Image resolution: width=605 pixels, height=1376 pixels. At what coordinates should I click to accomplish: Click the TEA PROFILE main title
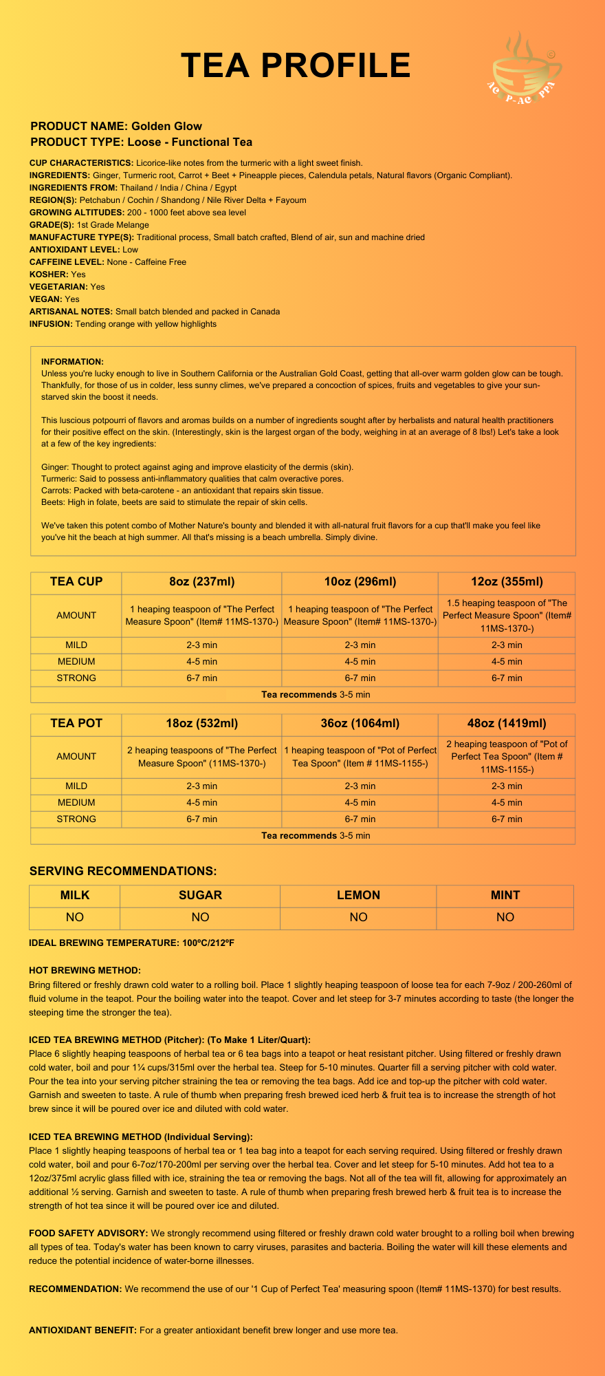click(x=296, y=66)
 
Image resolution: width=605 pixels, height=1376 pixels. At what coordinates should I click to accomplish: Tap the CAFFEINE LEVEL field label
click(x=67, y=262)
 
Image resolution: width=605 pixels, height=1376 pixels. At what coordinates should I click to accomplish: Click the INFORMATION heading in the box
click(x=72, y=362)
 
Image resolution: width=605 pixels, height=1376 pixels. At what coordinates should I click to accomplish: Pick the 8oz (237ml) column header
click(x=201, y=581)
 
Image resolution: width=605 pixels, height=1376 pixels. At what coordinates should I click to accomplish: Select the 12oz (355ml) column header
click(x=506, y=581)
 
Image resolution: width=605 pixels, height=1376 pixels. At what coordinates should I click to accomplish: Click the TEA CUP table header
click(x=76, y=581)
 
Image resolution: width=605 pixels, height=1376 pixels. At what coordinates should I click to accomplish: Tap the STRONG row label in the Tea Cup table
click(x=76, y=678)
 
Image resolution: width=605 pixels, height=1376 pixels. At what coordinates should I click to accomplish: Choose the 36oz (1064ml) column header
click(x=360, y=723)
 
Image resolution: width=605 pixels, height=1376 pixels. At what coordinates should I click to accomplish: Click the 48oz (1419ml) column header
click(x=507, y=723)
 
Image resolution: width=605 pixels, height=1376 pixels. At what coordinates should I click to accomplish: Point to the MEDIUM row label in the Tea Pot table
click(x=76, y=802)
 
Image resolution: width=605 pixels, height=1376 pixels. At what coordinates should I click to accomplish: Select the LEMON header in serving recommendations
click(x=358, y=895)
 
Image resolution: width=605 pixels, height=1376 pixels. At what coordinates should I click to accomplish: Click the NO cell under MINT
click(x=505, y=917)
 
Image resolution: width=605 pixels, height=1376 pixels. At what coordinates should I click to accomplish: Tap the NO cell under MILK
click(x=75, y=917)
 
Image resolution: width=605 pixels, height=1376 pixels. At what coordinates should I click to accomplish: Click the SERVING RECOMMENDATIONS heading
click(x=123, y=871)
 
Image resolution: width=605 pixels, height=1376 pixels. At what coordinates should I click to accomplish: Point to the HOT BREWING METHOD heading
click(x=85, y=970)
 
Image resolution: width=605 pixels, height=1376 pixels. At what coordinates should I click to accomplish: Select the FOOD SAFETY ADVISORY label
click(x=88, y=1233)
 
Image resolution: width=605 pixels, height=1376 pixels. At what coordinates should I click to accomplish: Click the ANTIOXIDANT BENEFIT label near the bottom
click(x=82, y=1330)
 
